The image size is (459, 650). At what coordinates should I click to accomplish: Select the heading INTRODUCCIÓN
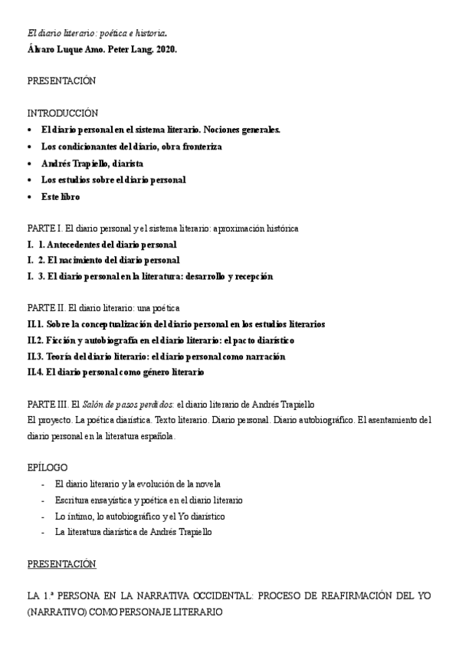(x=63, y=113)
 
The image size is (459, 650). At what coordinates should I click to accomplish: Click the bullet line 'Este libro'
(x=61, y=197)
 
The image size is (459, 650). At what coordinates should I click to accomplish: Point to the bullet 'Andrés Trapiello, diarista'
(x=92, y=163)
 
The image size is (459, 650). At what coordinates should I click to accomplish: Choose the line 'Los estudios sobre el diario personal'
(x=113, y=180)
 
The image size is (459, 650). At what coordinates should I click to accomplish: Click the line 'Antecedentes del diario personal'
(x=107, y=245)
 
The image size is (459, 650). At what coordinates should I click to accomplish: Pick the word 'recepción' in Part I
(x=249, y=276)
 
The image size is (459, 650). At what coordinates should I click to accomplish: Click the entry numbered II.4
(x=116, y=372)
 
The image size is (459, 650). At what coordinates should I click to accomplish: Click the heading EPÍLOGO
(x=48, y=467)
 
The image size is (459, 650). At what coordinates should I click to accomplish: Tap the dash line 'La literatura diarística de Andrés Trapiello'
(x=133, y=531)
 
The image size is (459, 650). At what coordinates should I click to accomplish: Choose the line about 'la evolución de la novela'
(x=138, y=484)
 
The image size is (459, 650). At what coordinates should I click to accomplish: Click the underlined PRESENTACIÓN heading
(x=61, y=563)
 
